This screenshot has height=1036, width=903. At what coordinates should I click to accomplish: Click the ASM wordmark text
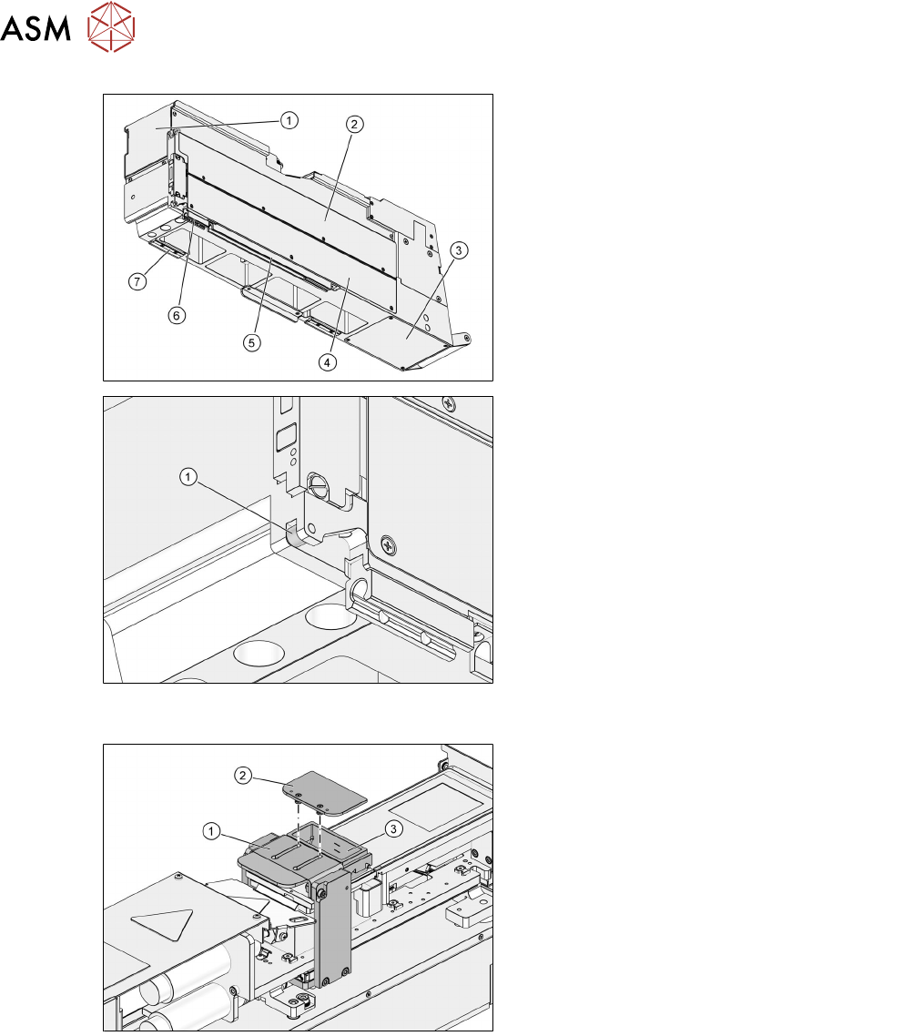[x=36, y=27]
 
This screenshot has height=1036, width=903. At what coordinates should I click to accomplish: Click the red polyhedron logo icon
[x=111, y=26]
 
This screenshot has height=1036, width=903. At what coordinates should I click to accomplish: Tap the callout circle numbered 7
[x=137, y=281]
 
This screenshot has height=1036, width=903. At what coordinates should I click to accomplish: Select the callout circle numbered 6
[x=176, y=315]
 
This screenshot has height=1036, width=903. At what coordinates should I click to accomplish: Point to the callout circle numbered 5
[x=251, y=342]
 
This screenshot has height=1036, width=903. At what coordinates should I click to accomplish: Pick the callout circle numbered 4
[x=327, y=362]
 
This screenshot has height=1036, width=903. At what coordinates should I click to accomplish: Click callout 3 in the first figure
[x=459, y=250]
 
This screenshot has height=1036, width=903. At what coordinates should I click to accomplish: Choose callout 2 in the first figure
[x=354, y=124]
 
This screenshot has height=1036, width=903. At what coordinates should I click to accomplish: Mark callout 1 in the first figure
[x=289, y=120]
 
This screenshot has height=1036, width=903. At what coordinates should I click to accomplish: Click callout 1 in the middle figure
[x=188, y=476]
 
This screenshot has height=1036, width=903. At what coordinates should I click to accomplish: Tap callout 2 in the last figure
[x=243, y=775]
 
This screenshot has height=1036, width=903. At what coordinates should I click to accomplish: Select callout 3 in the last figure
[x=394, y=828]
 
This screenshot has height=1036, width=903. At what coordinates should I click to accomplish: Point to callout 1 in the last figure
[x=210, y=830]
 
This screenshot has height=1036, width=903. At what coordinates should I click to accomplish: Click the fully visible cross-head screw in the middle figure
[x=389, y=546]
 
